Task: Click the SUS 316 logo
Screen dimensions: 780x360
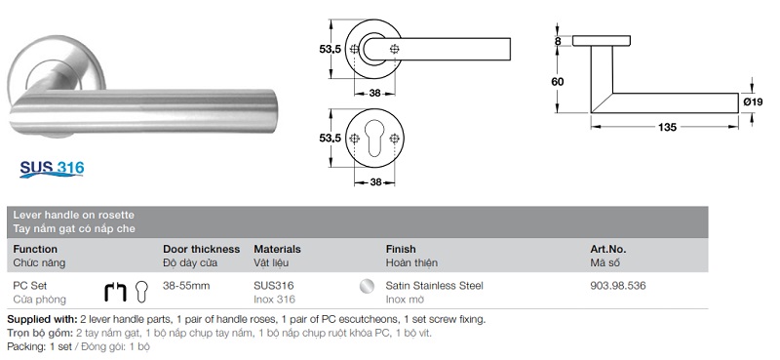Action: (x=52, y=169)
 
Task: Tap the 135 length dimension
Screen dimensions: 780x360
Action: (x=667, y=127)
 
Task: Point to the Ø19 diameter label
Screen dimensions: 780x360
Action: (x=753, y=102)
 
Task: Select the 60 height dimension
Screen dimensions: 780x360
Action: (x=558, y=82)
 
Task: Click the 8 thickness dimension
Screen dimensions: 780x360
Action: (x=558, y=41)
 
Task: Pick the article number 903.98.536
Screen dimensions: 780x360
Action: (x=618, y=286)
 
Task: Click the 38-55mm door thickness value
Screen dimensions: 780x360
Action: (x=186, y=286)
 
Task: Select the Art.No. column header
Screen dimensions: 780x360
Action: (x=607, y=249)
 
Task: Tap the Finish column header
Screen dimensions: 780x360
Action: (x=401, y=249)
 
